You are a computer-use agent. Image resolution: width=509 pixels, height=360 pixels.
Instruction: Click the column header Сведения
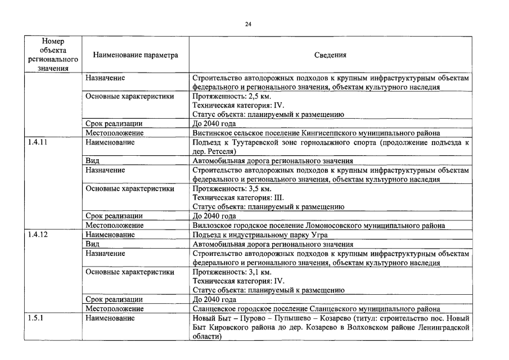click(x=330, y=55)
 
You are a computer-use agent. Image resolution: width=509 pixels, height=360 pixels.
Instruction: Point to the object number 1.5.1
click(x=36, y=318)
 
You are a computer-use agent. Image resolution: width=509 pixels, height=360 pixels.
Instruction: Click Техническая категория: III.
click(x=238, y=197)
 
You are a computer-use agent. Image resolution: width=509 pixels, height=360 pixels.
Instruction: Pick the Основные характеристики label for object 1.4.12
click(x=129, y=272)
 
